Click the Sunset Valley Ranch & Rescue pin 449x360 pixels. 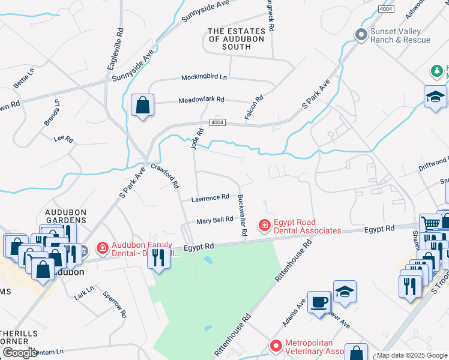click(361, 34)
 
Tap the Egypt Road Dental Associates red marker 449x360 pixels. click(264, 226)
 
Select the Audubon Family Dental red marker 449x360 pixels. click(102, 247)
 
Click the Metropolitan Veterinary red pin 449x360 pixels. click(276, 346)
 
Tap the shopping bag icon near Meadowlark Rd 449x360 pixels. click(142, 106)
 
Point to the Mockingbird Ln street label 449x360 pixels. click(205, 77)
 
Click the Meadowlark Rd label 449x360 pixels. click(201, 100)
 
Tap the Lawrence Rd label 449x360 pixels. click(210, 197)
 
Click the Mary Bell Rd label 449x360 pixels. click(215, 220)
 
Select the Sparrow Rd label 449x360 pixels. click(115, 304)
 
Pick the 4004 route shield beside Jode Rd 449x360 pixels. click(217, 122)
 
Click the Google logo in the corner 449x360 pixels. click(20, 352)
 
